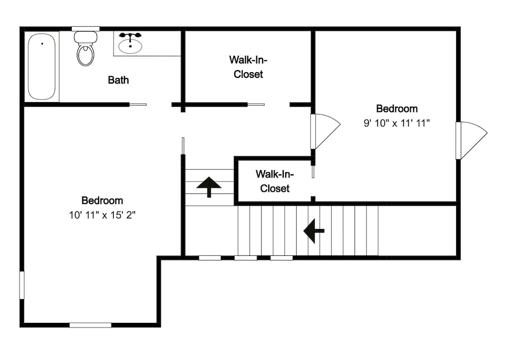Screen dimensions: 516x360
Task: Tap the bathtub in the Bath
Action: [x=41, y=67]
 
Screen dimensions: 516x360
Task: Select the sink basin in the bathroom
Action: [x=131, y=46]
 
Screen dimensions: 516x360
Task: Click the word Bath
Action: [x=118, y=79]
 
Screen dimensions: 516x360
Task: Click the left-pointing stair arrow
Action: [x=314, y=231]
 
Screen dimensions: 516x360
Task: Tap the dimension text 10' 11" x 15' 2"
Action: [x=102, y=215]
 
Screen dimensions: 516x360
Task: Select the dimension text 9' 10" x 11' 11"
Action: [x=397, y=123]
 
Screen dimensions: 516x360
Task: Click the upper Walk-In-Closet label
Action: [x=248, y=67]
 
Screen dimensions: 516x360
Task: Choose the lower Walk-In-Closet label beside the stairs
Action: [x=275, y=181]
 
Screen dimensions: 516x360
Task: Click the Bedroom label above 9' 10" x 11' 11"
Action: [x=397, y=108]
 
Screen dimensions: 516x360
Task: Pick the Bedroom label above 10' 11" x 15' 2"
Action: [x=102, y=201]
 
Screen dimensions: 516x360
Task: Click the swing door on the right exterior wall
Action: [x=471, y=140]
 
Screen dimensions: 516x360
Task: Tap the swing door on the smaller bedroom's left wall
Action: [x=325, y=132]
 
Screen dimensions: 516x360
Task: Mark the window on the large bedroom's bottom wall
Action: [x=90, y=325]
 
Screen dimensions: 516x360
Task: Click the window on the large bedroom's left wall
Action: [x=22, y=285]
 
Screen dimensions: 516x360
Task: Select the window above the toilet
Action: [x=86, y=29]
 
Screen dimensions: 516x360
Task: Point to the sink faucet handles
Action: [x=131, y=36]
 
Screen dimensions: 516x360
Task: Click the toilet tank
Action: [x=86, y=37]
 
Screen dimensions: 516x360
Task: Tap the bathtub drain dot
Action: [x=42, y=43]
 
